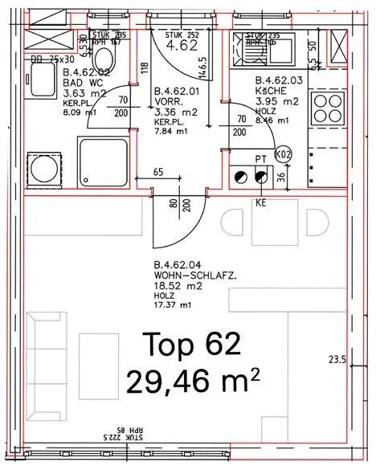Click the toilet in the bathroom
pyautogui.click(x=104, y=59)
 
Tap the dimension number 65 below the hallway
pyautogui.click(x=158, y=172)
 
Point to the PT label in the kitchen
pyautogui.click(x=260, y=159)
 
